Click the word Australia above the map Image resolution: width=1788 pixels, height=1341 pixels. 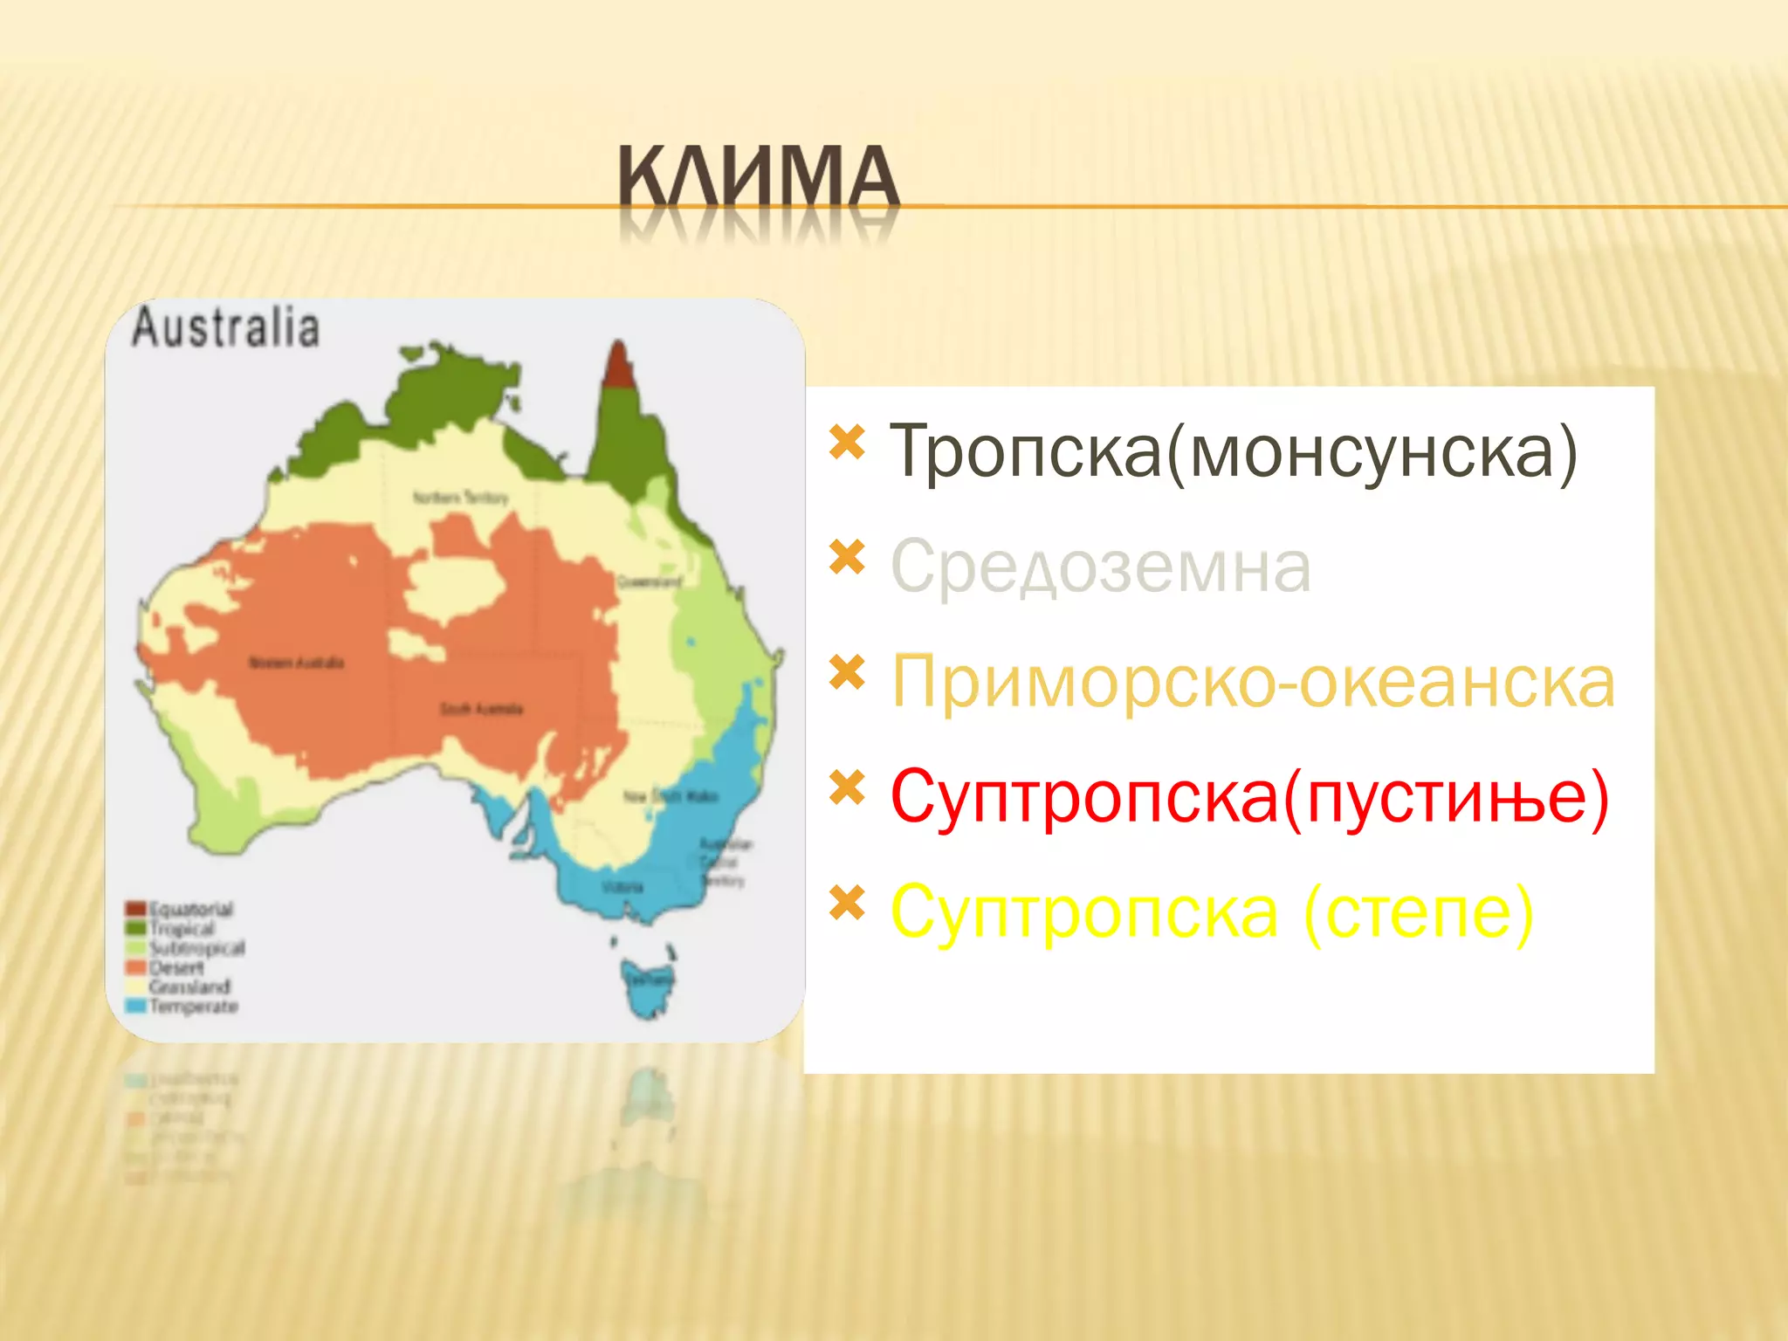(x=225, y=328)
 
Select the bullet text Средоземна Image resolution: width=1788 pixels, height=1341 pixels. (x=1100, y=567)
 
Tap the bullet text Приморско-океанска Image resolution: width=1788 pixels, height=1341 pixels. (x=1253, y=682)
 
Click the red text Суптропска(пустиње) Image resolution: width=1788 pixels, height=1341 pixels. (x=1249, y=797)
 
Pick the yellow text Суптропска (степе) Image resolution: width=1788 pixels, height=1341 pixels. (x=1211, y=912)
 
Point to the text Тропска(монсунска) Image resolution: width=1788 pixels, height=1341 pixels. (x=1234, y=451)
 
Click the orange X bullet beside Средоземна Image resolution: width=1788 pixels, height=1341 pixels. (x=847, y=557)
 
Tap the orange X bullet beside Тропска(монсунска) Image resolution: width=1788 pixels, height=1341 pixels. (x=847, y=442)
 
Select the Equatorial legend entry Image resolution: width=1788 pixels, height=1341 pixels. (x=181, y=909)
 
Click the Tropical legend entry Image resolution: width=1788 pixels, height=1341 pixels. (x=172, y=928)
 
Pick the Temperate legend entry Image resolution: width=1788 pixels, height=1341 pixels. (x=182, y=1007)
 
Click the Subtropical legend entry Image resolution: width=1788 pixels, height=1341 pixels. (x=186, y=948)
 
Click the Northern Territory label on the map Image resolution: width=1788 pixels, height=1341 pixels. (x=460, y=498)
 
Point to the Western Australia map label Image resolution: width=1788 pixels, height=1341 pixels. (x=297, y=663)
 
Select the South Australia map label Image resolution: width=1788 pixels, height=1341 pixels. (x=481, y=709)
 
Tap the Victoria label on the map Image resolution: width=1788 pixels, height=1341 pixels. (x=622, y=888)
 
